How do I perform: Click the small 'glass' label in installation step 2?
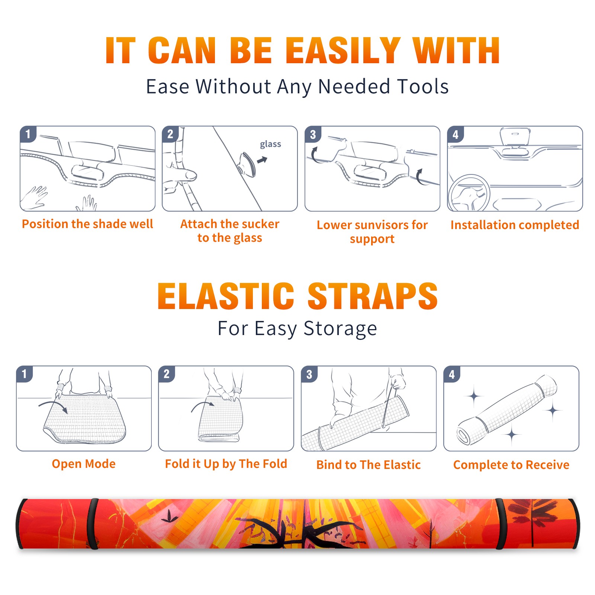270,144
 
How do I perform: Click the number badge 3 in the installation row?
313,134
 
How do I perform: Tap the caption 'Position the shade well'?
87,224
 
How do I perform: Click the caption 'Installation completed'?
515,225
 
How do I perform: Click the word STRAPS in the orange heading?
373,296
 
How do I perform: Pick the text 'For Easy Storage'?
297,328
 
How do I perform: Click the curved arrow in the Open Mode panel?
53,406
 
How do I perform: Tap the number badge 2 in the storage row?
166,374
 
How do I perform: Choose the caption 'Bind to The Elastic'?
368,465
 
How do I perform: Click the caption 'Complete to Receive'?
511,465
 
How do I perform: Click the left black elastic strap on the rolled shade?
93,524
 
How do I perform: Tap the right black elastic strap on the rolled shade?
501,524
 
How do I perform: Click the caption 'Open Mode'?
84,464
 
